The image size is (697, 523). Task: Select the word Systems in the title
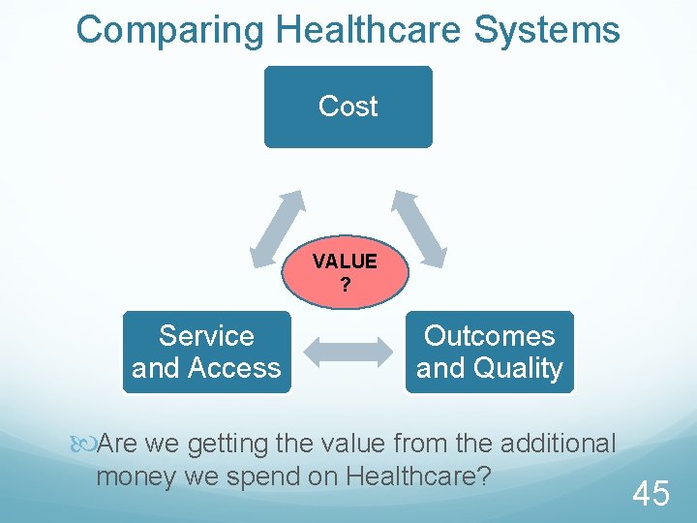[547, 30]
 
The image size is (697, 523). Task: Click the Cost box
[348, 107]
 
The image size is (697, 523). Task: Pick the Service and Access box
[206, 352]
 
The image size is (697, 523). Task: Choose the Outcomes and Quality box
[489, 352]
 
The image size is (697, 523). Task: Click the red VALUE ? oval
[345, 272]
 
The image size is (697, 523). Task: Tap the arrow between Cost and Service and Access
[277, 229]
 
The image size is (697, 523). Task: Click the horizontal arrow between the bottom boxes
[348, 353]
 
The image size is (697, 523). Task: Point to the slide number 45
[651, 495]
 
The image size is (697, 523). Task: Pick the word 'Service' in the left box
[206, 336]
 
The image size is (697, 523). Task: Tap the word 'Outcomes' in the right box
[489, 336]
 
